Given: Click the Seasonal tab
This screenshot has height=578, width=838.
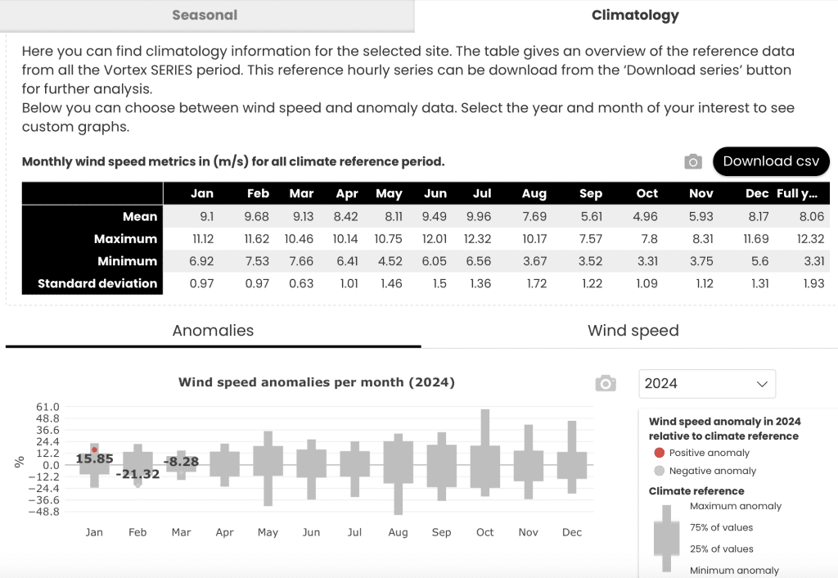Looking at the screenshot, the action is click(205, 15).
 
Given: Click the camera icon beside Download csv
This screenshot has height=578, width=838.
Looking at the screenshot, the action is click(693, 161).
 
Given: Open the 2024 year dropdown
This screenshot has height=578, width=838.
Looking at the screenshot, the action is click(707, 383).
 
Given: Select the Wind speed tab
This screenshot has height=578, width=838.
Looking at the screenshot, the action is click(633, 331).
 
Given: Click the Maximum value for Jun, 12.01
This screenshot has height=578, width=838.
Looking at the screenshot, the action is click(435, 239).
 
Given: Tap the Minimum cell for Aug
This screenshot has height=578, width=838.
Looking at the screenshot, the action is click(534, 261).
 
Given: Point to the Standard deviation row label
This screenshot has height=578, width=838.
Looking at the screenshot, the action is click(97, 283).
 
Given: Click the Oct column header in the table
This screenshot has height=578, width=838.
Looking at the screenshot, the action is click(647, 193).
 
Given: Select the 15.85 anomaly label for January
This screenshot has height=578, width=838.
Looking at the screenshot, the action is click(95, 458).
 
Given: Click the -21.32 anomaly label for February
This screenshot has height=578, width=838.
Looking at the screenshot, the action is click(137, 474).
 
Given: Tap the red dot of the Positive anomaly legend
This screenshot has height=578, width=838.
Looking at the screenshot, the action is click(659, 453).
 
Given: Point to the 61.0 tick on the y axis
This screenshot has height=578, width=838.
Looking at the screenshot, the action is click(47, 407).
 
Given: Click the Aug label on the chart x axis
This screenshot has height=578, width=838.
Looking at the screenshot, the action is click(399, 532).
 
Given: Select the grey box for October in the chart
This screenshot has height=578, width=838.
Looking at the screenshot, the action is click(484, 467).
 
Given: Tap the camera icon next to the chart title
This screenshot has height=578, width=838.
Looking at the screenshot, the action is click(606, 383).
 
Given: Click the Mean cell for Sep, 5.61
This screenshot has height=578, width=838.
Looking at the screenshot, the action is click(591, 217).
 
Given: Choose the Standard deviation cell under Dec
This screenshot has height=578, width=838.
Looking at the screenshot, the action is click(760, 283).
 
